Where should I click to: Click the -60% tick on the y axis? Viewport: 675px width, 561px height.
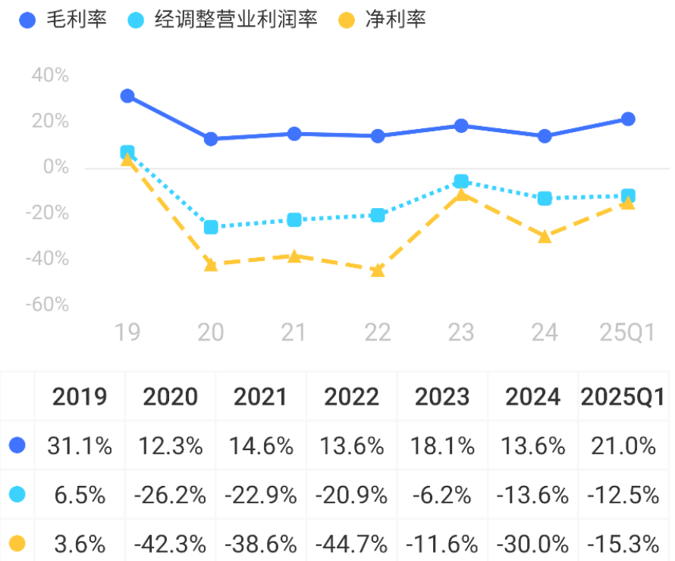(x=47, y=304)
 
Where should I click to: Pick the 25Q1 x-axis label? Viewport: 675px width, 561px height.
(x=627, y=333)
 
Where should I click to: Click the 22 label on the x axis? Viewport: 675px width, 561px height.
(x=378, y=333)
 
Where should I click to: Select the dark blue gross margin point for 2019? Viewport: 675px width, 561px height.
(x=127, y=96)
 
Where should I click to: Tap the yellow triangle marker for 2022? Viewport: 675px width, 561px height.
(x=378, y=269)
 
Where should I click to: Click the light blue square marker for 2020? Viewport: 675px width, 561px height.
(x=211, y=227)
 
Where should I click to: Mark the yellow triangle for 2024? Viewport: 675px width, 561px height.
(x=545, y=236)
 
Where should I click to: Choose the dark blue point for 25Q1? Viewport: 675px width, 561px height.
(x=628, y=119)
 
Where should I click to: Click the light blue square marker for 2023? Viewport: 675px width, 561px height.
(x=461, y=181)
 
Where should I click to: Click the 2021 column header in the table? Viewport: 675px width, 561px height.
(x=260, y=396)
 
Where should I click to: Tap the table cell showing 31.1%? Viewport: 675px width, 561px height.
(x=80, y=446)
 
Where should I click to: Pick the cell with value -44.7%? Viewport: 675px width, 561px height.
(x=351, y=544)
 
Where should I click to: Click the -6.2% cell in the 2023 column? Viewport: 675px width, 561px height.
(x=442, y=495)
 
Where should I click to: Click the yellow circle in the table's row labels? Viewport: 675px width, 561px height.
(x=17, y=544)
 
